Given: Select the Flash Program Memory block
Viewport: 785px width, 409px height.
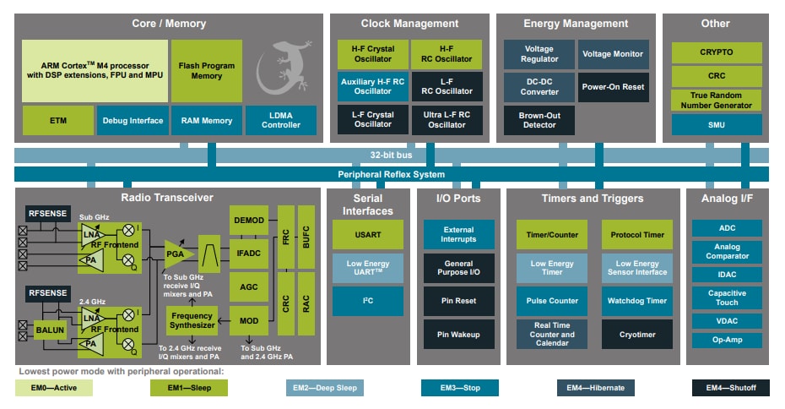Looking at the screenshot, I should coord(206,70).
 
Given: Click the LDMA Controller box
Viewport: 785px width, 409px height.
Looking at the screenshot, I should coord(281,120).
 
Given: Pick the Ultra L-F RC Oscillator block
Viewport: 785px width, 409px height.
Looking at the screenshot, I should coord(447,120).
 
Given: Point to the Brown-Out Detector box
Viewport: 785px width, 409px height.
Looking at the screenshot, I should coord(539,120).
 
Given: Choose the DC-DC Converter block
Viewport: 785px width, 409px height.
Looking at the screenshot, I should coord(539,86).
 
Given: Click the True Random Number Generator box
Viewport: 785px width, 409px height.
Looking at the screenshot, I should coord(716,101).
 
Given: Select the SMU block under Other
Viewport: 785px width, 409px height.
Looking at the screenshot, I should coord(716,125).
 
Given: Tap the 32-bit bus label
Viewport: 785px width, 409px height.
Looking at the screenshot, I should coord(391,155).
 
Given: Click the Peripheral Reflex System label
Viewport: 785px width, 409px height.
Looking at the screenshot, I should coord(391,174).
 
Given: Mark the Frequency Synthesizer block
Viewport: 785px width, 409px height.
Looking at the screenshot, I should coord(191,319).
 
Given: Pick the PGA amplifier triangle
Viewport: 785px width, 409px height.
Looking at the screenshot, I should coord(177,253).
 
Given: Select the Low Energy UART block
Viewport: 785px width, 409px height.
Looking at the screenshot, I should coord(368,268).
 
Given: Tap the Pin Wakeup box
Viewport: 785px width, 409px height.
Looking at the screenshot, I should coord(458,335).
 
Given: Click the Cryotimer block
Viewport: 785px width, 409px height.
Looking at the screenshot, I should coord(636,335).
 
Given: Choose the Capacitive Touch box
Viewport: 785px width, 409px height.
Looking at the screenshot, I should coord(727,297).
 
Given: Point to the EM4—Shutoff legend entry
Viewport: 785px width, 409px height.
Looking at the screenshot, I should coord(730,388).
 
